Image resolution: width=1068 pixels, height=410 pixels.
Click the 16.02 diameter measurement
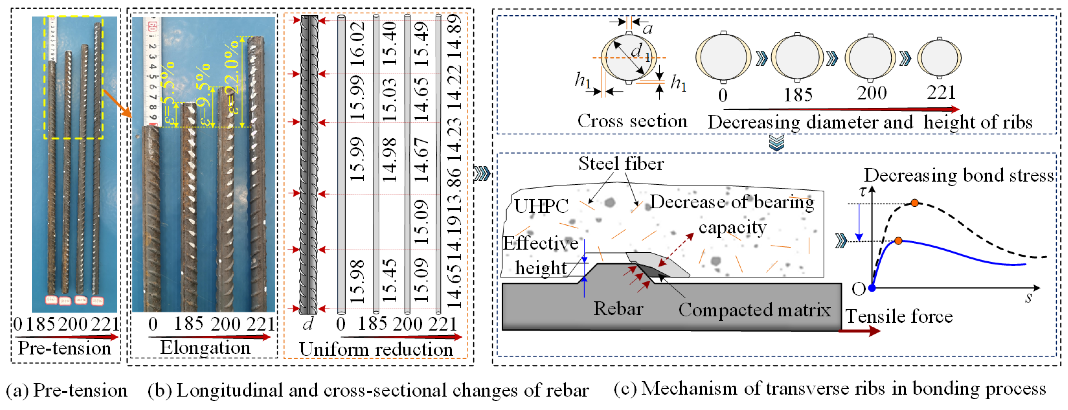point(358,44)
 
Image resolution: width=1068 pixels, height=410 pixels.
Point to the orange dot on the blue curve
point(898,240)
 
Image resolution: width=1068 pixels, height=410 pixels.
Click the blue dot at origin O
point(872,288)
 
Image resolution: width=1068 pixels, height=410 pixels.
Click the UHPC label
point(541,206)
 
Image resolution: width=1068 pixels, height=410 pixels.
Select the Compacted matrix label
point(754,310)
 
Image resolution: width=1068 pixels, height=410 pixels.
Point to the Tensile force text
point(899,316)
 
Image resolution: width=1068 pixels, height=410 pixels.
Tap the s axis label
point(1028,297)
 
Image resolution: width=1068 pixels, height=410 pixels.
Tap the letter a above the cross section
point(647,28)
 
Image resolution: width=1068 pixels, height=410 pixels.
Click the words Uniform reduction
point(376,349)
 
